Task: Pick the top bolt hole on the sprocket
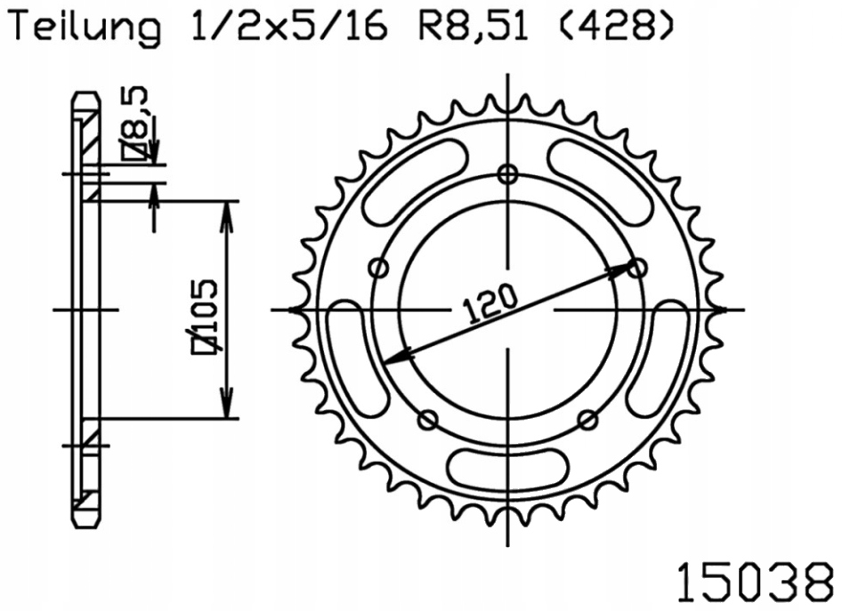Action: pos(508,173)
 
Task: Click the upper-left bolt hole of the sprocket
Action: pos(378,267)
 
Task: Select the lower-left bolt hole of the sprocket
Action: pos(428,419)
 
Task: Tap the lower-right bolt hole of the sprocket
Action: pos(587,418)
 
